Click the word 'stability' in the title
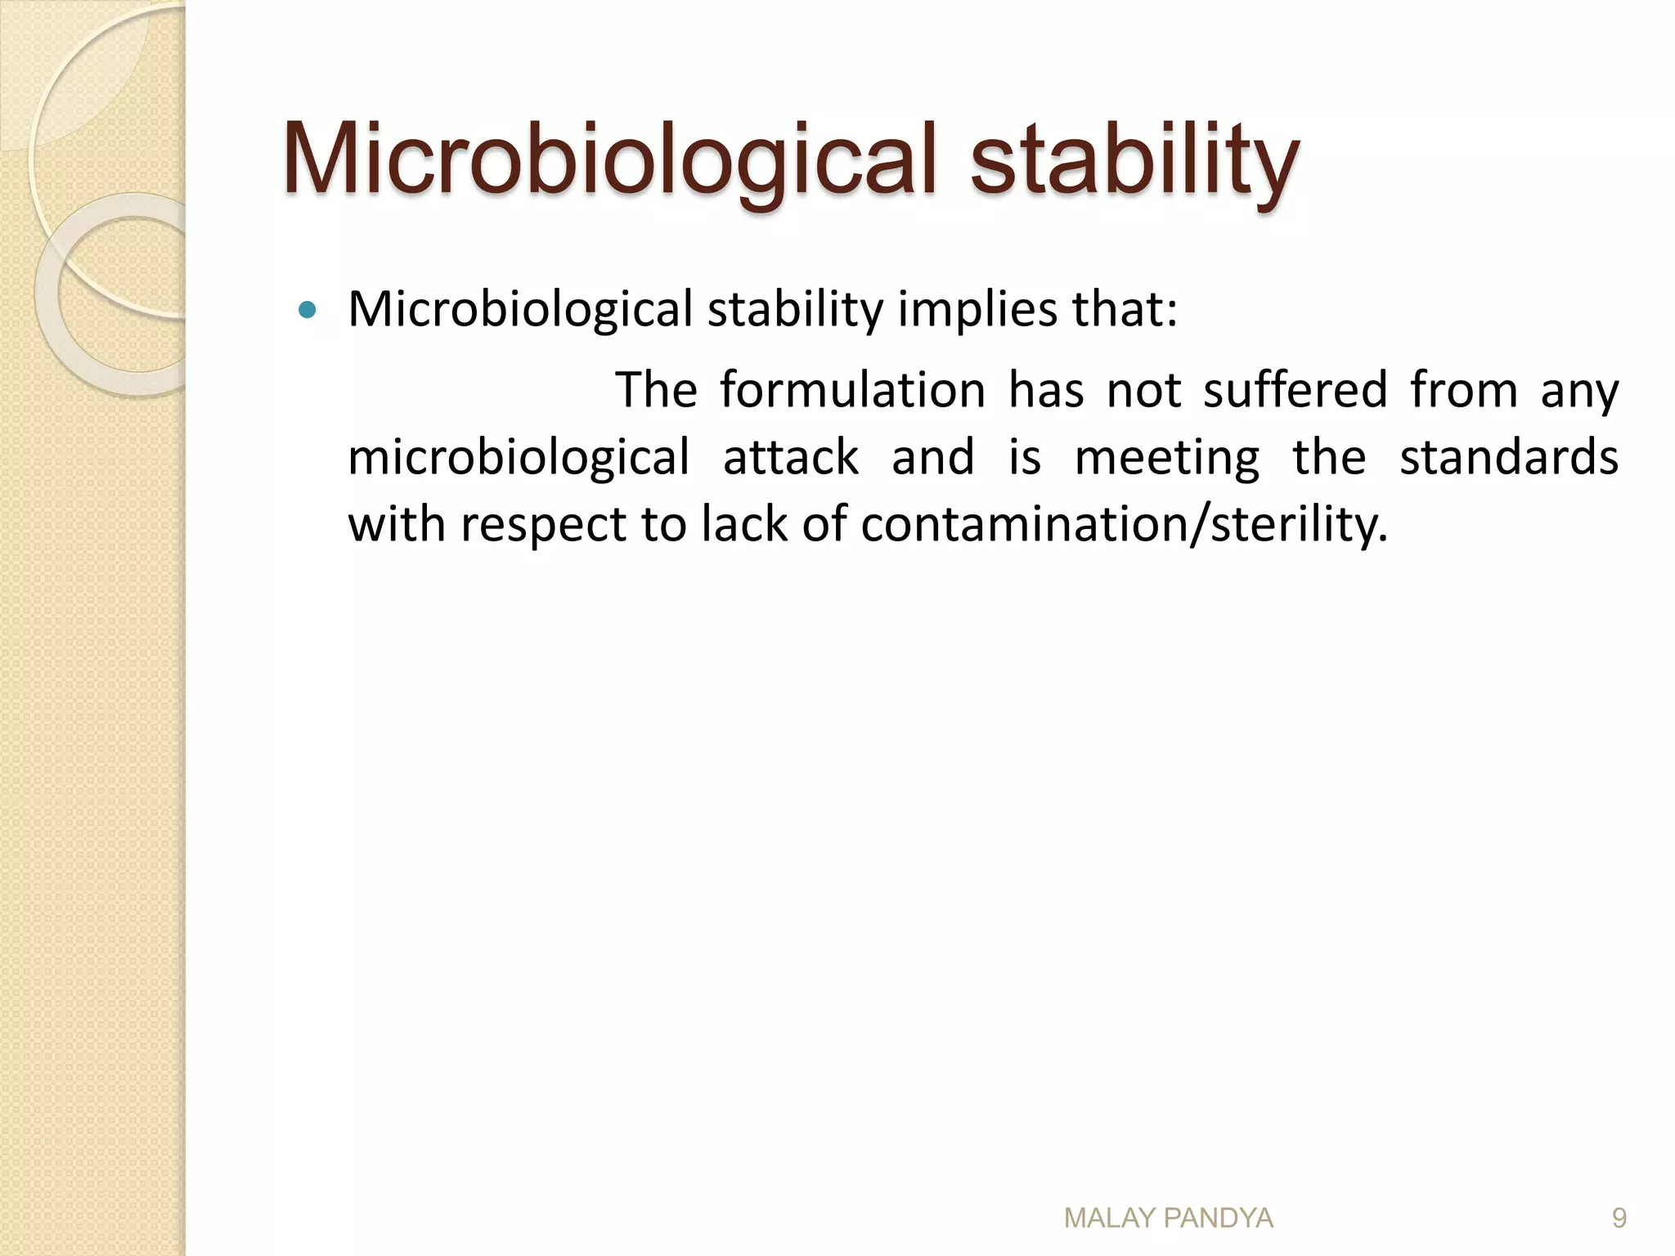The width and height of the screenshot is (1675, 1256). (x=1134, y=159)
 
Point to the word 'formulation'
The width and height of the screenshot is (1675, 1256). (x=852, y=389)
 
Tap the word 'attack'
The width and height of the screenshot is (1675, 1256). (x=790, y=456)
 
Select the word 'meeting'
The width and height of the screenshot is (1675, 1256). (x=1166, y=458)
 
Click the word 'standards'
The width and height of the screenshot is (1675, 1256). (x=1508, y=456)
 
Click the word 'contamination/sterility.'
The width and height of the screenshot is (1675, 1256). (x=1124, y=523)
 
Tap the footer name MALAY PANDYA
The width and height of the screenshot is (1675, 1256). (x=1168, y=1218)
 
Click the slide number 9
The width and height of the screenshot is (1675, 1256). (x=1619, y=1218)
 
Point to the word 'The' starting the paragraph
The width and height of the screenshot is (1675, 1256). (x=656, y=389)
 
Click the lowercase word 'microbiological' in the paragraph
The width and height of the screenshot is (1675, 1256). (x=519, y=458)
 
